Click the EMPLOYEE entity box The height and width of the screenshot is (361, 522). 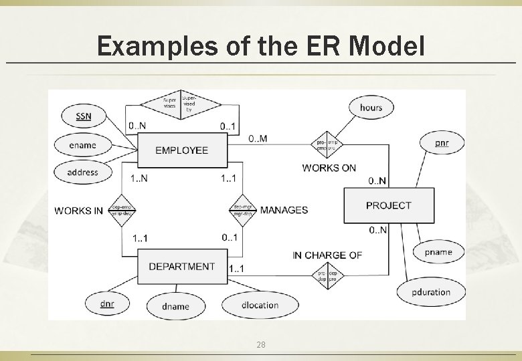pyautogui.click(x=181, y=150)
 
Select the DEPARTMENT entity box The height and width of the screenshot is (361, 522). pyautogui.click(x=181, y=266)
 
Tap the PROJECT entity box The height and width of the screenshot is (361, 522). pyautogui.click(x=388, y=205)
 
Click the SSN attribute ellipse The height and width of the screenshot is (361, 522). pyautogui.click(x=84, y=117)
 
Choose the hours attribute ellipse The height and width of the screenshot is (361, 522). pyautogui.click(x=371, y=107)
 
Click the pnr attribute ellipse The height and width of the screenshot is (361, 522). pyautogui.click(x=442, y=142)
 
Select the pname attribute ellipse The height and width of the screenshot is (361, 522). pyautogui.click(x=438, y=252)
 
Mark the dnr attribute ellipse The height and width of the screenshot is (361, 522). pyautogui.click(x=107, y=305)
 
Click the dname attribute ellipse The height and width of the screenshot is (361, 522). pyautogui.click(x=176, y=306)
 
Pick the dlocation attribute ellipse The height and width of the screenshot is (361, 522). pyautogui.click(x=260, y=305)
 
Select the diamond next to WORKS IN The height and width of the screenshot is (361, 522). pyautogui.click(x=122, y=210)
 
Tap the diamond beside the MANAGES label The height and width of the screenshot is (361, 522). pyautogui.click(x=242, y=210)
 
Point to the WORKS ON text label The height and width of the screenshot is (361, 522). pyautogui.click(x=329, y=168)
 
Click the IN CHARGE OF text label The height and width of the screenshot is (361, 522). pyautogui.click(x=327, y=255)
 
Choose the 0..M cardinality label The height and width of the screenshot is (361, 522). pyautogui.click(x=258, y=138)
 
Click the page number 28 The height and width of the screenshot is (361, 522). pyautogui.click(x=261, y=345)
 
